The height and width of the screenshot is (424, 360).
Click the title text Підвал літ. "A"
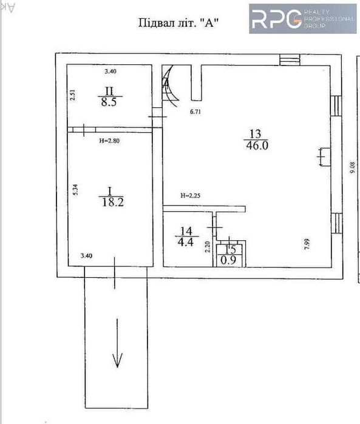tap(179, 24)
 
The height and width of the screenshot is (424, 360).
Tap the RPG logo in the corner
tap(302, 18)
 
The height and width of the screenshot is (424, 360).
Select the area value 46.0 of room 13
tap(257, 146)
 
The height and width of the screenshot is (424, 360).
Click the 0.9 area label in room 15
tap(229, 260)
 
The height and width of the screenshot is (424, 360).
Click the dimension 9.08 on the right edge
tap(351, 167)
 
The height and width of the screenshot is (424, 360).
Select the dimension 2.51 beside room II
tap(72, 96)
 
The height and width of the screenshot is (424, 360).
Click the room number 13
tap(256, 134)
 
